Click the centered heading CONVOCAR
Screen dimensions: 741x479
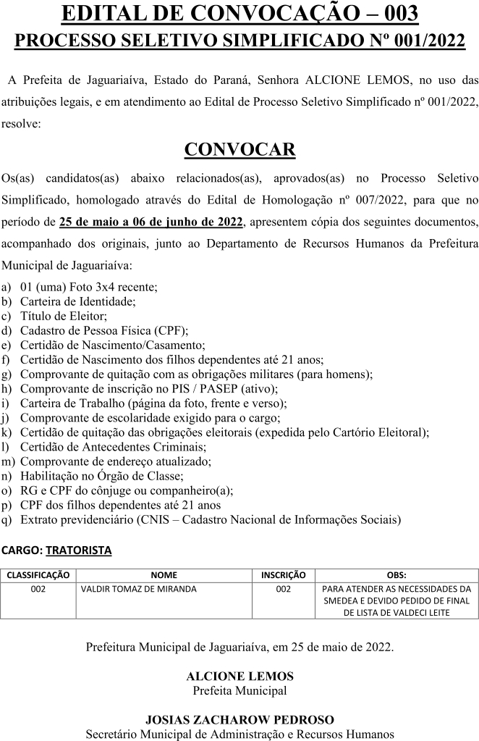239,150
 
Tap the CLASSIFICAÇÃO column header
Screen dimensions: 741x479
38,575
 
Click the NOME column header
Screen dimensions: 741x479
164,575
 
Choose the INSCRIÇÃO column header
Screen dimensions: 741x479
283,575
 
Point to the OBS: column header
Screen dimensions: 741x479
397,575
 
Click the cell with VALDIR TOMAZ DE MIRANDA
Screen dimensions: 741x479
139,589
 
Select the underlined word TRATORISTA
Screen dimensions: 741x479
79,550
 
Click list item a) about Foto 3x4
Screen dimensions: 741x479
88,286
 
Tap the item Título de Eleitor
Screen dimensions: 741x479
64,316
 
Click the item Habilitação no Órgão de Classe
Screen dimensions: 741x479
101,476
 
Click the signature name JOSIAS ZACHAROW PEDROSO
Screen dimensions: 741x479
239,719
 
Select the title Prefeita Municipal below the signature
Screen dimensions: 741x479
239,690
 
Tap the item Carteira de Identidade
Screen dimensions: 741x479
77,301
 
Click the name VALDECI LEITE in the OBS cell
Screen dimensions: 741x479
422,613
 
